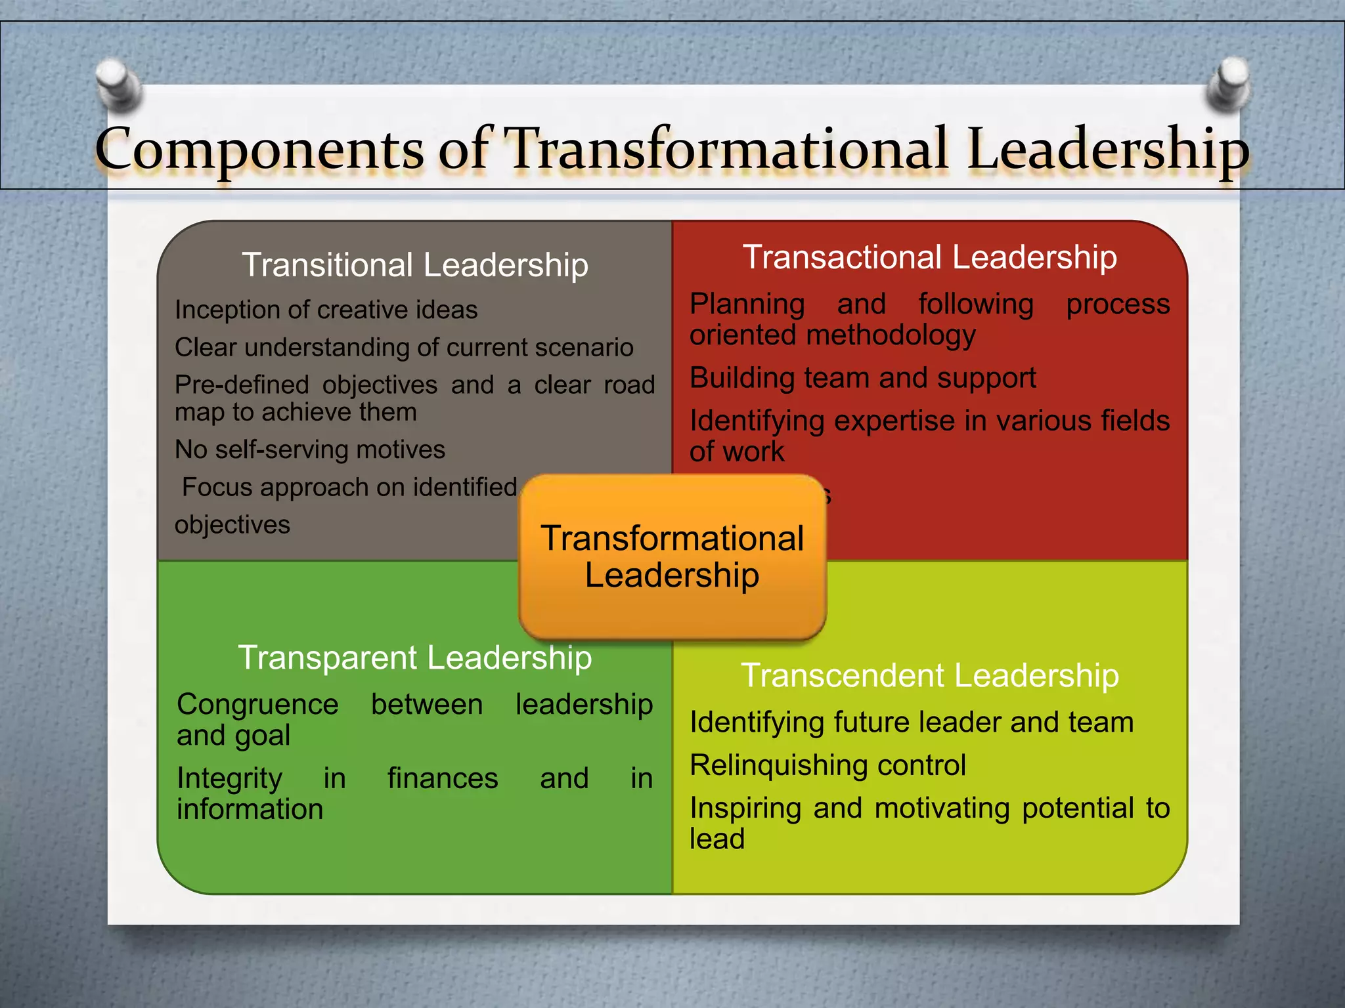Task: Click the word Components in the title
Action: click(x=259, y=149)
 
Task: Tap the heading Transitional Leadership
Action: click(x=415, y=265)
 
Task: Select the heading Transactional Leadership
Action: click(x=929, y=257)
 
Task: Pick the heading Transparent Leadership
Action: click(x=415, y=658)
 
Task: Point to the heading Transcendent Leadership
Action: click(x=929, y=675)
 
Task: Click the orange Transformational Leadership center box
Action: click(x=672, y=556)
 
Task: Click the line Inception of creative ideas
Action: click(x=326, y=310)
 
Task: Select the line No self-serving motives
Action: click(x=310, y=450)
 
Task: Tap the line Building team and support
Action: click(x=862, y=378)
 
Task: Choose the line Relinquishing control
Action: click(x=827, y=765)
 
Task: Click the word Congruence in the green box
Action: click(x=257, y=705)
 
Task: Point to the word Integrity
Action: click(x=229, y=779)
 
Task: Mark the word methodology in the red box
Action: click(x=891, y=335)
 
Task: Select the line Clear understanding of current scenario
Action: click(x=404, y=347)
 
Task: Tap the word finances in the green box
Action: click(x=443, y=779)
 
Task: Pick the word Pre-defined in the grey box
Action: click(x=241, y=385)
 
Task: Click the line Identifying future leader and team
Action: click(x=912, y=723)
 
